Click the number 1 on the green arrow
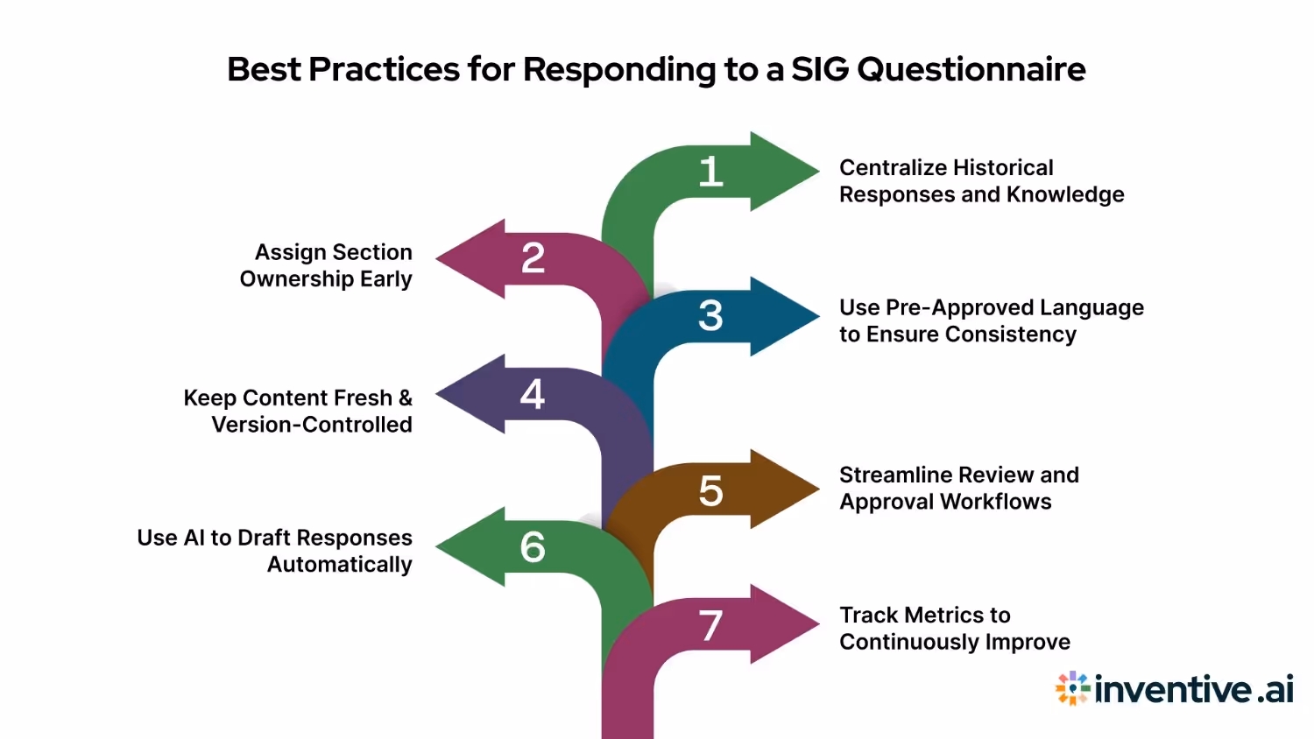pos(710,172)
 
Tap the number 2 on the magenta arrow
pos(533,257)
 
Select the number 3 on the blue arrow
pos(710,315)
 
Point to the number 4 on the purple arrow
pos(533,394)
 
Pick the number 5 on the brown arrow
pos(710,490)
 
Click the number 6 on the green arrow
pos(533,547)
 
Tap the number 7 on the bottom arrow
pos(710,626)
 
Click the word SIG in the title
pos(820,69)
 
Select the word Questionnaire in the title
pos(971,69)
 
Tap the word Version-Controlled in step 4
pos(312,425)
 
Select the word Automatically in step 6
pos(340,565)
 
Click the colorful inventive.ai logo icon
pos(1072,688)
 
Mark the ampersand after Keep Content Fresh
pos(405,398)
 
